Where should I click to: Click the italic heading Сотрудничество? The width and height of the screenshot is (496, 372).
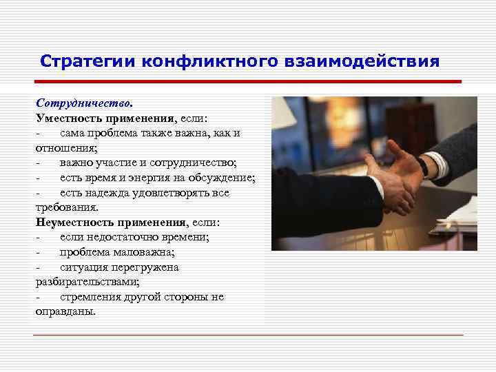coord(84,103)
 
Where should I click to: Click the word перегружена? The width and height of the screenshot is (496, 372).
coord(143,267)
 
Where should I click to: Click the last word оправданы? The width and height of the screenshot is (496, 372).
coord(65,311)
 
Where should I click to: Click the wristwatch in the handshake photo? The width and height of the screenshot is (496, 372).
coord(421,165)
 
